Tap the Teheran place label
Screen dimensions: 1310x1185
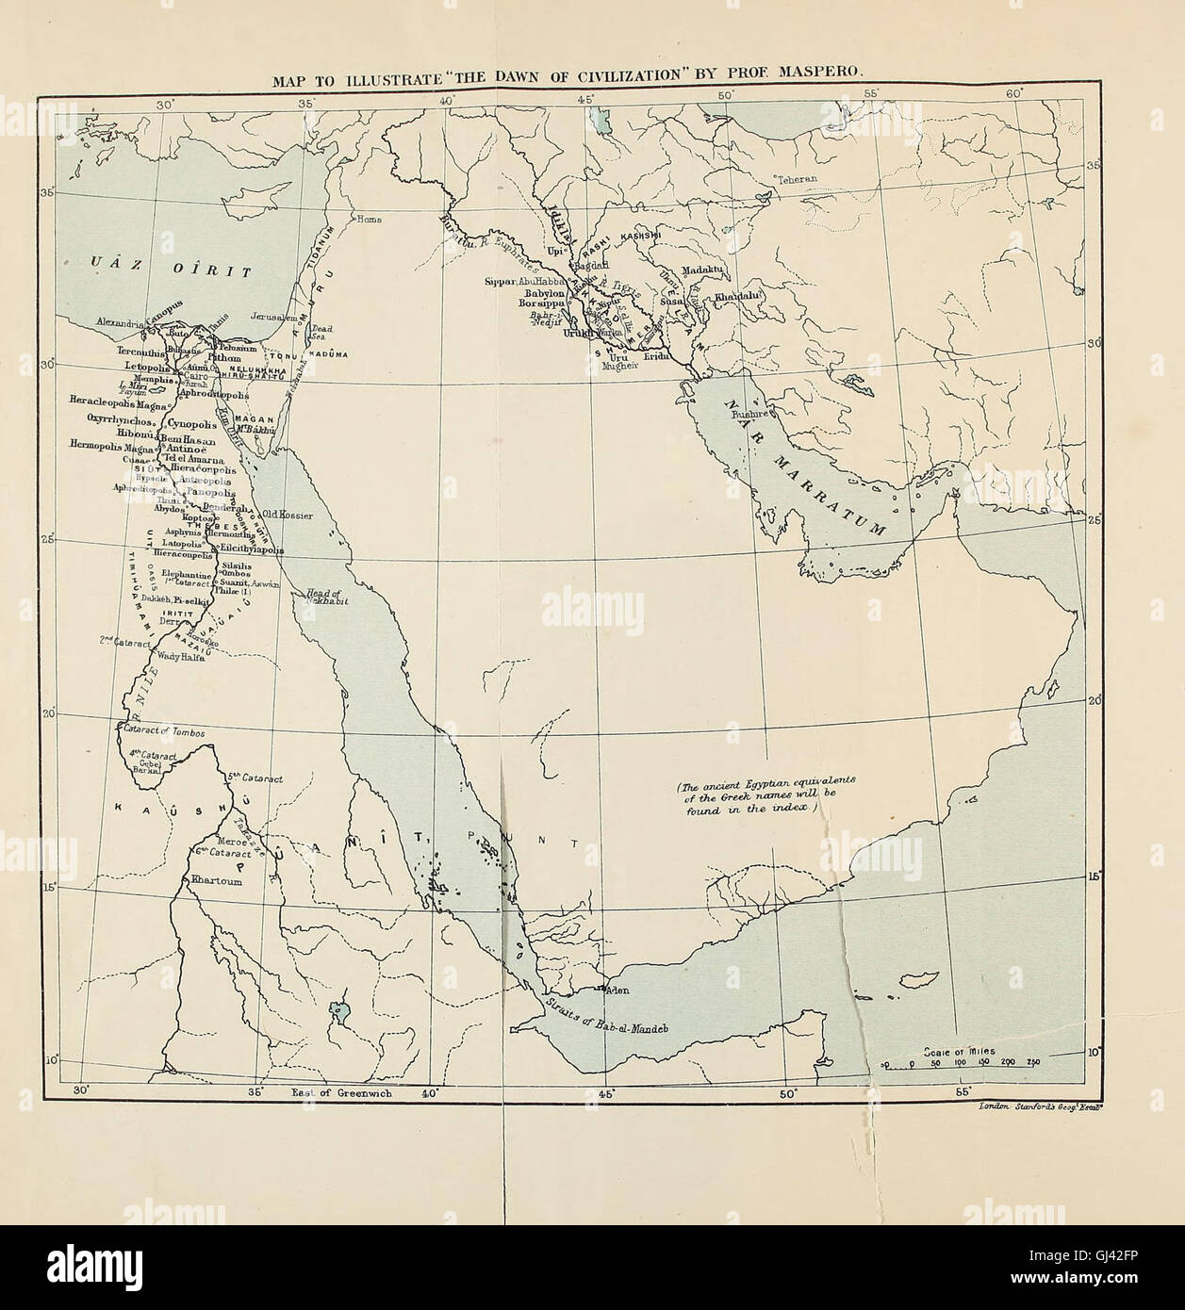797,178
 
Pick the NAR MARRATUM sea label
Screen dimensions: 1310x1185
805,467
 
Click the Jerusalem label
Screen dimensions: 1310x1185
276,319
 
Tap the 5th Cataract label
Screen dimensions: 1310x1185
255,778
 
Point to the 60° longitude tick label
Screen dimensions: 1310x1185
1014,94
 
